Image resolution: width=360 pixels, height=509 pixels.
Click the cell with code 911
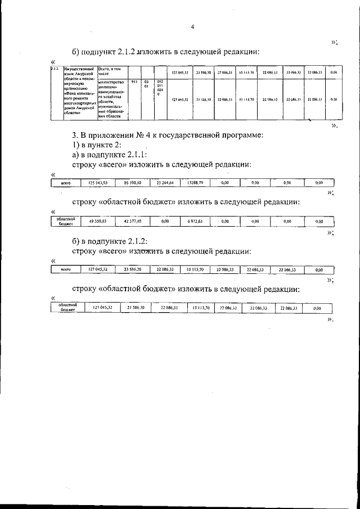[x=134, y=83]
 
